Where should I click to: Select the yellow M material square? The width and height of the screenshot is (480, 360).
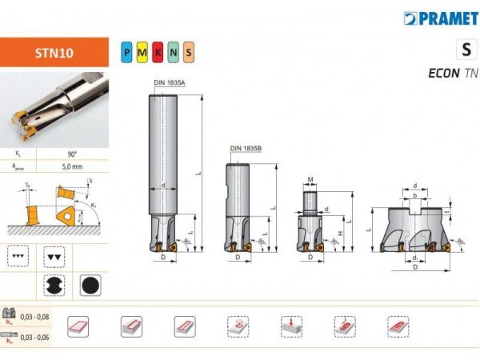point(143,52)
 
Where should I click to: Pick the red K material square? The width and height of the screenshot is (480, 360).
point(158,52)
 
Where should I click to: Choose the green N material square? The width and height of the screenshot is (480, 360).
point(174,52)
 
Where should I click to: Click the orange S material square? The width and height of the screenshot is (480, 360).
point(189,52)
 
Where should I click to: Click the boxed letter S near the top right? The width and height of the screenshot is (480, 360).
point(466,50)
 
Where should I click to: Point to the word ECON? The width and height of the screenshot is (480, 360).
point(443,73)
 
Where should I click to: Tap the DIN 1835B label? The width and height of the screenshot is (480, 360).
point(245,148)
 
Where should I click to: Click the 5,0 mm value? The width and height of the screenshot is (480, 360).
point(72,166)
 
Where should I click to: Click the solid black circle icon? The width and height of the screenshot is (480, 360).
point(90,286)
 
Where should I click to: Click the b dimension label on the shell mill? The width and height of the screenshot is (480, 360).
point(413,194)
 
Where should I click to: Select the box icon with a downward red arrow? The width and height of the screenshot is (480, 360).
point(291,326)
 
